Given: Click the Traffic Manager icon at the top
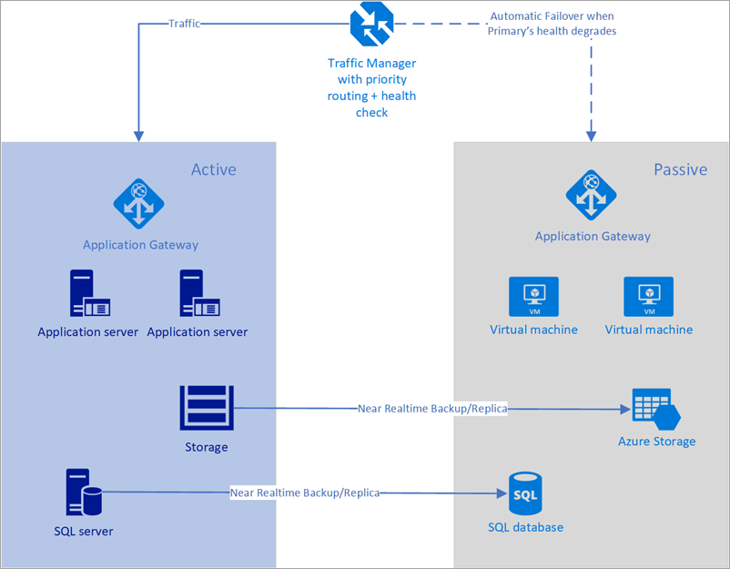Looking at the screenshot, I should click(370, 24).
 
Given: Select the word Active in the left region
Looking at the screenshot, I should click(213, 169).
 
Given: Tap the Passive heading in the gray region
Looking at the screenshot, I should click(680, 169).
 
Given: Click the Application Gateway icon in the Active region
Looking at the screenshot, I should click(138, 203).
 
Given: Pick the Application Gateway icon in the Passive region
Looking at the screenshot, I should click(592, 195).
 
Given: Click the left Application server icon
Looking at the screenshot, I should click(89, 293).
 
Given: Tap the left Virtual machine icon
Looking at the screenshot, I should click(533, 297).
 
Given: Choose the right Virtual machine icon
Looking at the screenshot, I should click(648, 297).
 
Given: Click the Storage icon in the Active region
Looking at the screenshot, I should click(206, 408).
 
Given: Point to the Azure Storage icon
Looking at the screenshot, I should click(656, 410).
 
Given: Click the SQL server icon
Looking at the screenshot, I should click(82, 493).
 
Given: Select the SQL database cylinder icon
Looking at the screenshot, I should click(524, 494).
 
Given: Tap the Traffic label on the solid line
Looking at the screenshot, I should click(185, 24).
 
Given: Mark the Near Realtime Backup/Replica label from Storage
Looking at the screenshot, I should click(432, 409).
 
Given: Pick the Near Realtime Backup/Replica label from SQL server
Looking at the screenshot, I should click(304, 493).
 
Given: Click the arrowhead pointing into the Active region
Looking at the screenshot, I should click(137, 135).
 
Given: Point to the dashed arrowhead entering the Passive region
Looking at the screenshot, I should click(591, 135).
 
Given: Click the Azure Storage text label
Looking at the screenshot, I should click(656, 442).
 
